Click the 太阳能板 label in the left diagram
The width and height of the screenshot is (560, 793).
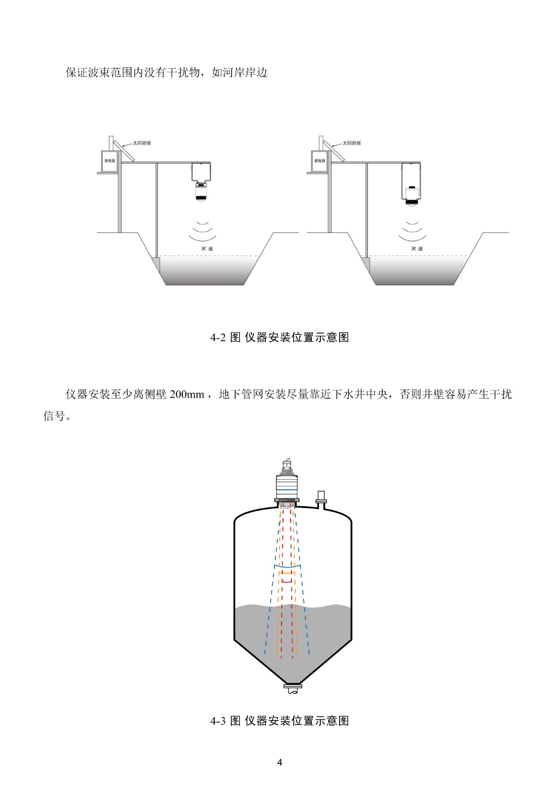coord(142,143)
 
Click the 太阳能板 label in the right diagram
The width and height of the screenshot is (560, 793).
coord(352,143)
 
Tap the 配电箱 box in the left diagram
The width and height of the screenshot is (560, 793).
coord(110,161)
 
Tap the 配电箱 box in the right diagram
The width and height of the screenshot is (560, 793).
coord(320,161)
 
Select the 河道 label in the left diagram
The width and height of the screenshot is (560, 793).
coord(207,249)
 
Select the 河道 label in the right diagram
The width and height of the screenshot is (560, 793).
coord(417,249)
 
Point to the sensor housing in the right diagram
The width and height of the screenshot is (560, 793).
coord(411,183)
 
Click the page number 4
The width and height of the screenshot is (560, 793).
coord(280,762)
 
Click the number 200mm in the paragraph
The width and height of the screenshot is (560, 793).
coord(187,395)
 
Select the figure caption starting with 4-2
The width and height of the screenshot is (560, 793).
coord(280,338)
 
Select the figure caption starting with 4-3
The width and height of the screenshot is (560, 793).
coord(280,721)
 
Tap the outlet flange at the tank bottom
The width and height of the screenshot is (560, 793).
coord(293,687)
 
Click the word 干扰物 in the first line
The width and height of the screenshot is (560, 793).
coord(183,72)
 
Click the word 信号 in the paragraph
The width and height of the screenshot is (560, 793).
coord(54,416)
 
